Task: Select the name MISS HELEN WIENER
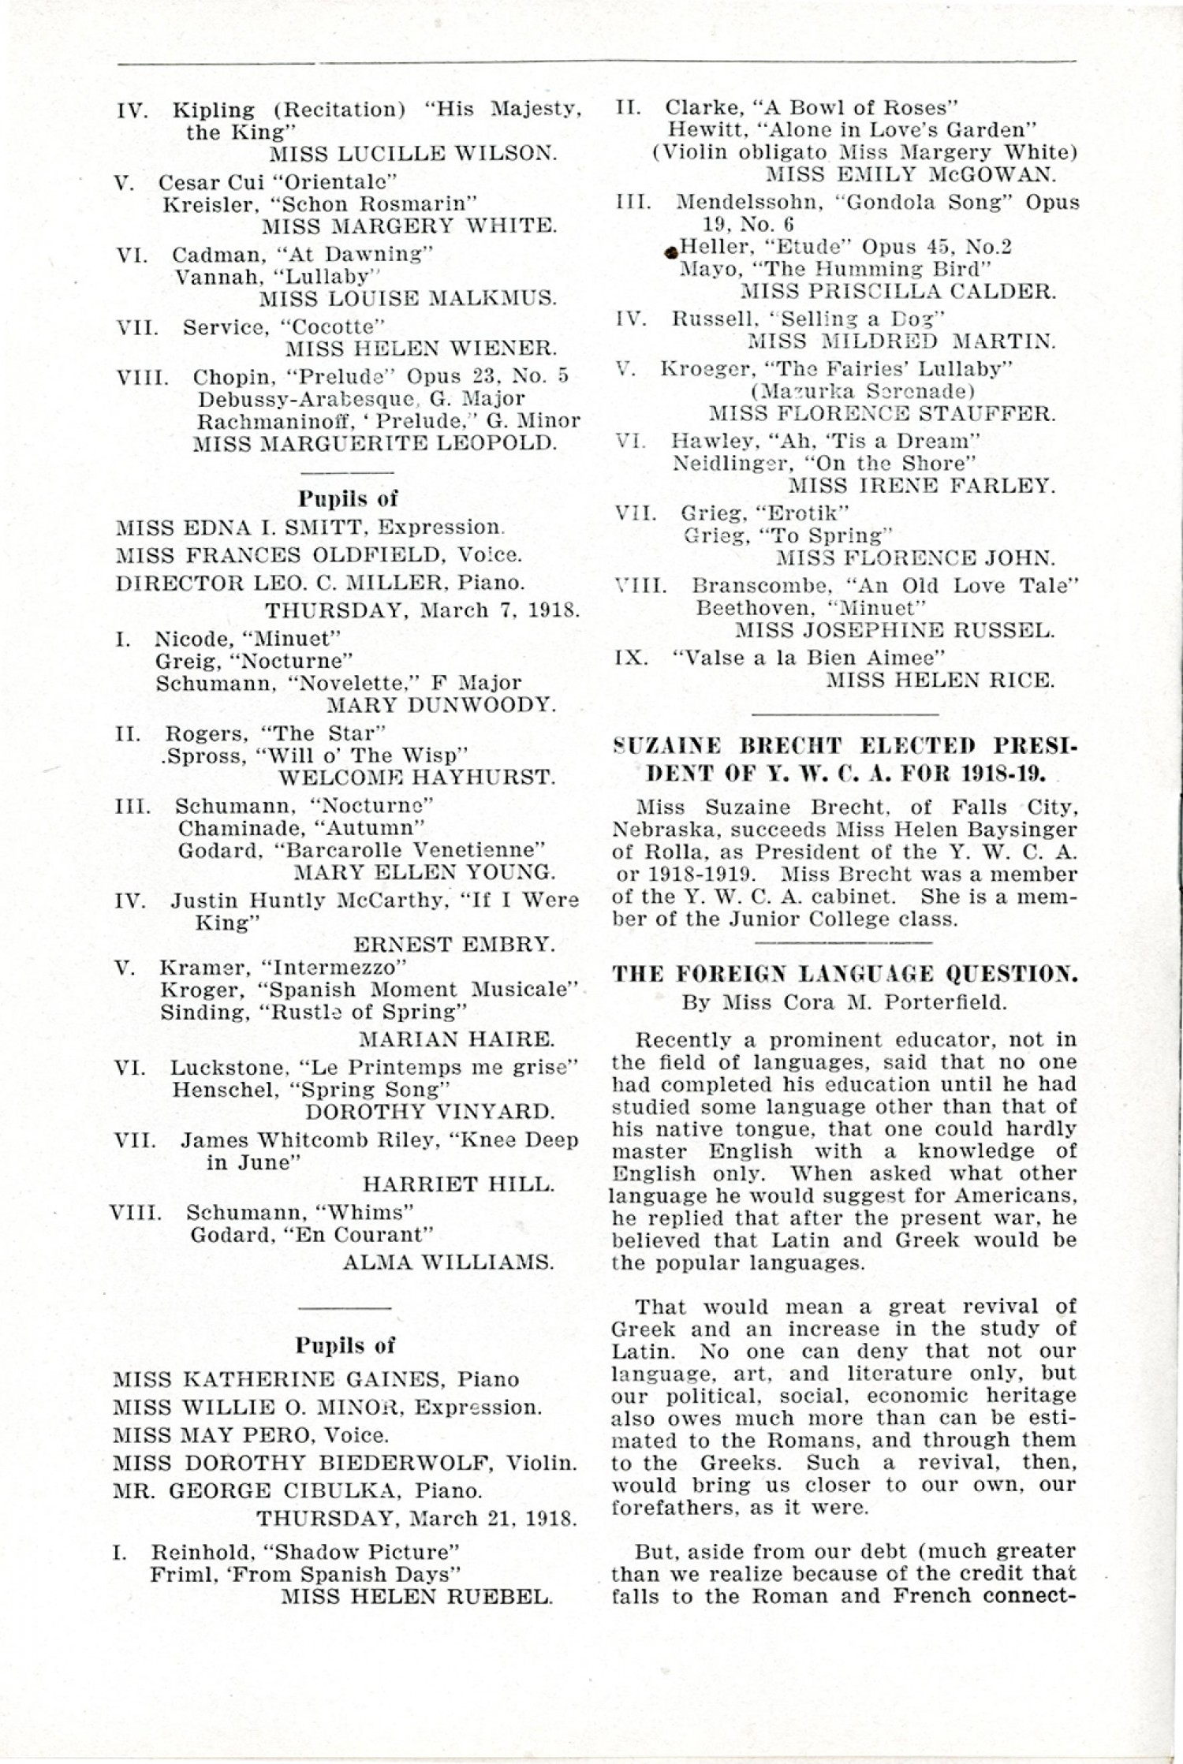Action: tap(421, 348)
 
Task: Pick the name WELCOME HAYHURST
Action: tap(417, 777)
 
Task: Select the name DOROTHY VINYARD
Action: tap(430, 1112)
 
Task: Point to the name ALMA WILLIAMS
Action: tap(448, 1262)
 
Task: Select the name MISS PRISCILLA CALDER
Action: tap(898, 292)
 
